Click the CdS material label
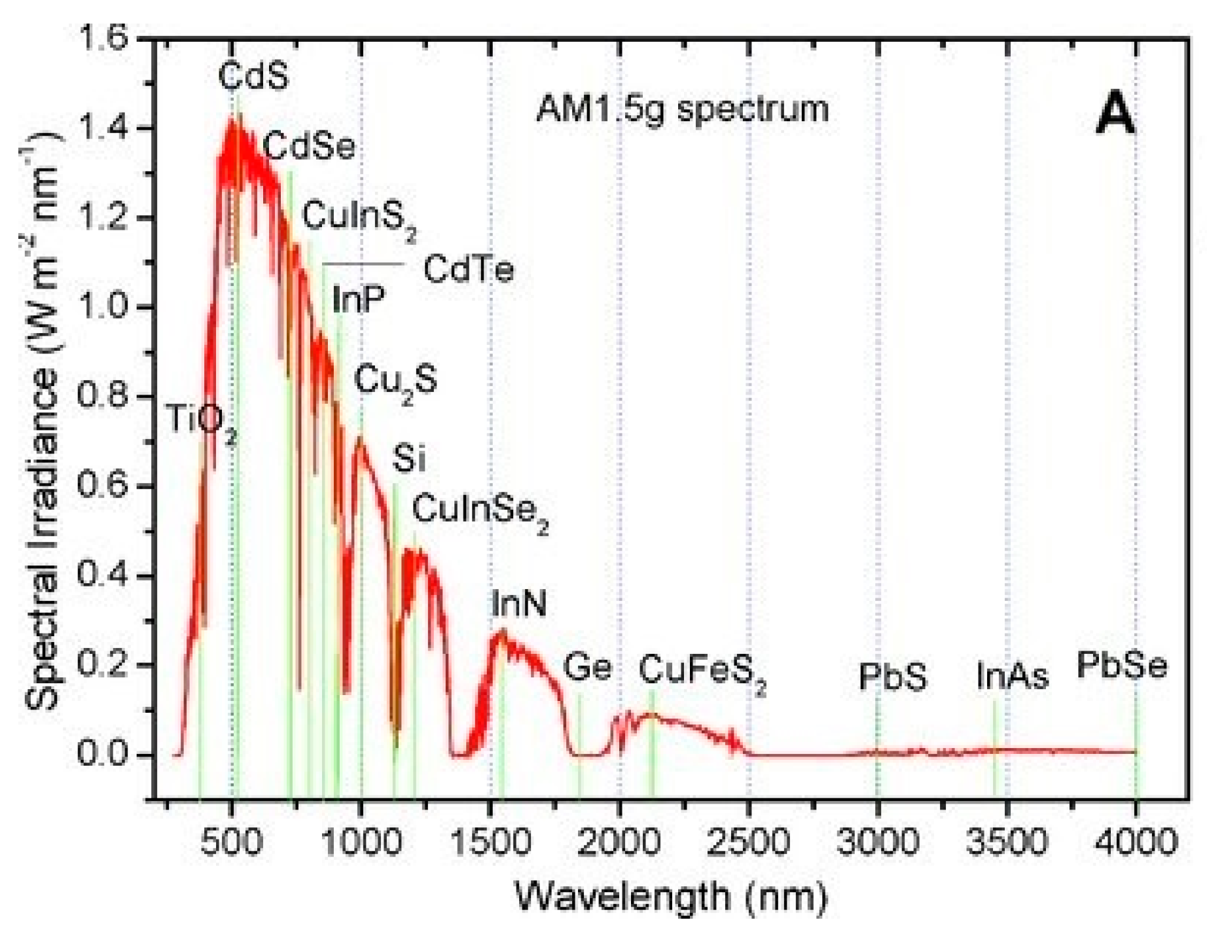253,76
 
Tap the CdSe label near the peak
309,145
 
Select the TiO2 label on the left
201,421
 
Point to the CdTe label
469,269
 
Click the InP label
359,300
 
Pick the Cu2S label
395,381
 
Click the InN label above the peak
518,603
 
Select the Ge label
587,668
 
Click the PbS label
893,677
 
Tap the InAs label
1012,676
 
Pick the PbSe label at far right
1122,666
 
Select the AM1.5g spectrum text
682,109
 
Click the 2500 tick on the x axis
748,841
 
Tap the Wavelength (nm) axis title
670,896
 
